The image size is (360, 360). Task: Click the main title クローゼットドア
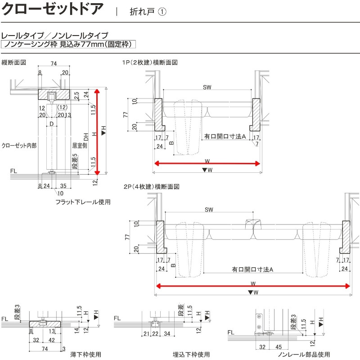[53, 9]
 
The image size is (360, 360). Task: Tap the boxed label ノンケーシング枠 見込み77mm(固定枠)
[68, 44]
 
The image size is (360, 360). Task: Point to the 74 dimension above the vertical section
[54, 65]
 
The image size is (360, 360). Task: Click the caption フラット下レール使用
[83, 202]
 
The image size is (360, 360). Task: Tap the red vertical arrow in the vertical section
[97, 130]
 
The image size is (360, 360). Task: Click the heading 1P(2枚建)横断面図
[149, 63]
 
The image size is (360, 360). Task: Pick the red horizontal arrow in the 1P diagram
[207, 163]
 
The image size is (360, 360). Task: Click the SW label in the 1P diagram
[207, 87]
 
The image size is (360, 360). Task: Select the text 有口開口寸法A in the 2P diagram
[253, 269]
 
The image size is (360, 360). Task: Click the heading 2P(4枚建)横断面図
[150, 186]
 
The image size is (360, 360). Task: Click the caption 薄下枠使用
[85, 354]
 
